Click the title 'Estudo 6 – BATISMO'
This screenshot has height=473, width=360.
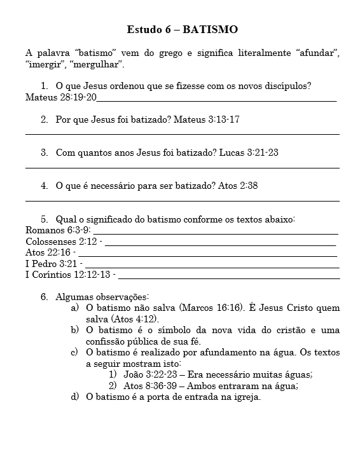(x=183, y=29)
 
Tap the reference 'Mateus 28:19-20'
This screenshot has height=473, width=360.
(x=61, y=97)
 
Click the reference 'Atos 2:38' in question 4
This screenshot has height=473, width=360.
(x=238, y=186)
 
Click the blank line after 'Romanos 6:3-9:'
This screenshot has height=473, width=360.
(x=216, y=231)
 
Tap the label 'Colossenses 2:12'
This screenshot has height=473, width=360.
(x=60, y=242)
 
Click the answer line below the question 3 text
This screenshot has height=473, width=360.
(x=182, y=167)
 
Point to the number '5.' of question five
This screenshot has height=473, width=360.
(x=45, y=219)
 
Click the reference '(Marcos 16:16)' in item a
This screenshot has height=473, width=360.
(x=212, y=308)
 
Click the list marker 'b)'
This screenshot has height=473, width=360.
(x=74, y=331)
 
